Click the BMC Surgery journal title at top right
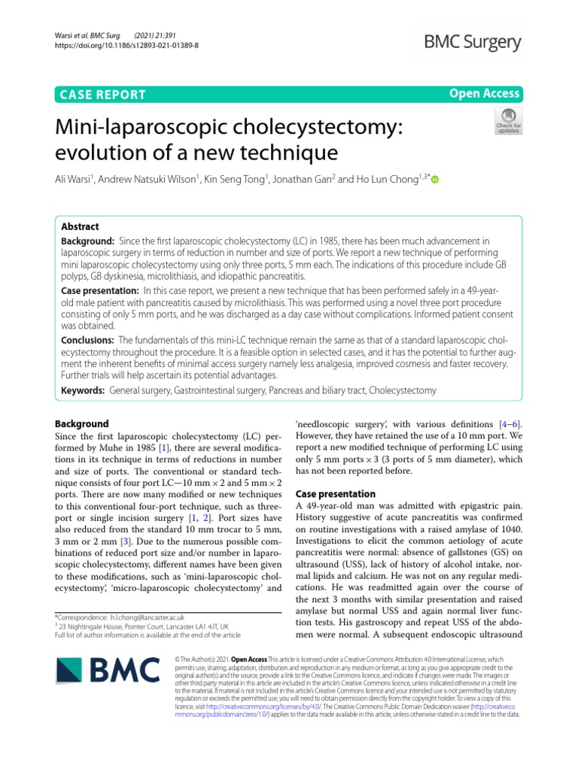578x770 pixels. click(468, 42)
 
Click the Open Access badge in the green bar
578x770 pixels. click(484, 94)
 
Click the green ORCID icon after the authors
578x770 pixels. click(434, 180)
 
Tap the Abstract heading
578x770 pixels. click(80, 226)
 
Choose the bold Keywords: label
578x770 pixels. click(83, 391)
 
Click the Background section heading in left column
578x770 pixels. click(83, 423)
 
